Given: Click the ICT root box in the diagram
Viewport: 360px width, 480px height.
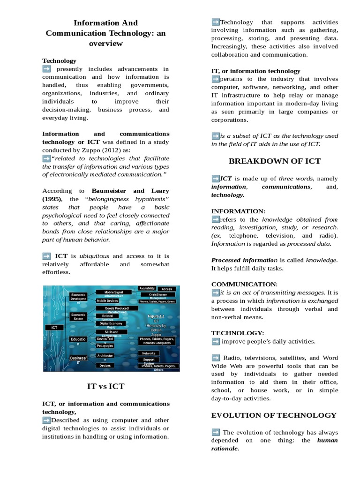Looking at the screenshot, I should (x=54, y=328).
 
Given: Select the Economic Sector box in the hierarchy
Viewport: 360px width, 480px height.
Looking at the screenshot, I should (x=78, y=317).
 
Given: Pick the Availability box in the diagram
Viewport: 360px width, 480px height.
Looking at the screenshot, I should (x=147, y=288).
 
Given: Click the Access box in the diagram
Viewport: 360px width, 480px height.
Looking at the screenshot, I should (x=167, y=289).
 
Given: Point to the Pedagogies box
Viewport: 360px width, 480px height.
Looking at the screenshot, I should (x=105, y=345).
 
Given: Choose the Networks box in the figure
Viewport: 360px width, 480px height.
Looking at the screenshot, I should (x=149, y=353).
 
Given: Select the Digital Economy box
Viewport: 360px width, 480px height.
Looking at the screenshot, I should (x=111, y=323).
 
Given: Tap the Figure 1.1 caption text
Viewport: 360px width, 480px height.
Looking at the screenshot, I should (x=156, y=316).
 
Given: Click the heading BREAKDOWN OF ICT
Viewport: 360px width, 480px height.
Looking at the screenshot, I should (x=274, y=161).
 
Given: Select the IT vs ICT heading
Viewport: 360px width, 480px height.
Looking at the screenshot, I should (x=106, y=386).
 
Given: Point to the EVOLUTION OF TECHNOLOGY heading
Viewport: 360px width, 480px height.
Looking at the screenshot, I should (x=274, y=415).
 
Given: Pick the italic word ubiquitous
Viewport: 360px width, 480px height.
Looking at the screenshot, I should (x=94, y=256).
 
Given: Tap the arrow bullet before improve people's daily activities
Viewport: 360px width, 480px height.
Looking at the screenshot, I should (x=216, y=341).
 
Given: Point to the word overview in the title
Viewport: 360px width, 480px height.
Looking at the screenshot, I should (x=105, y=43).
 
